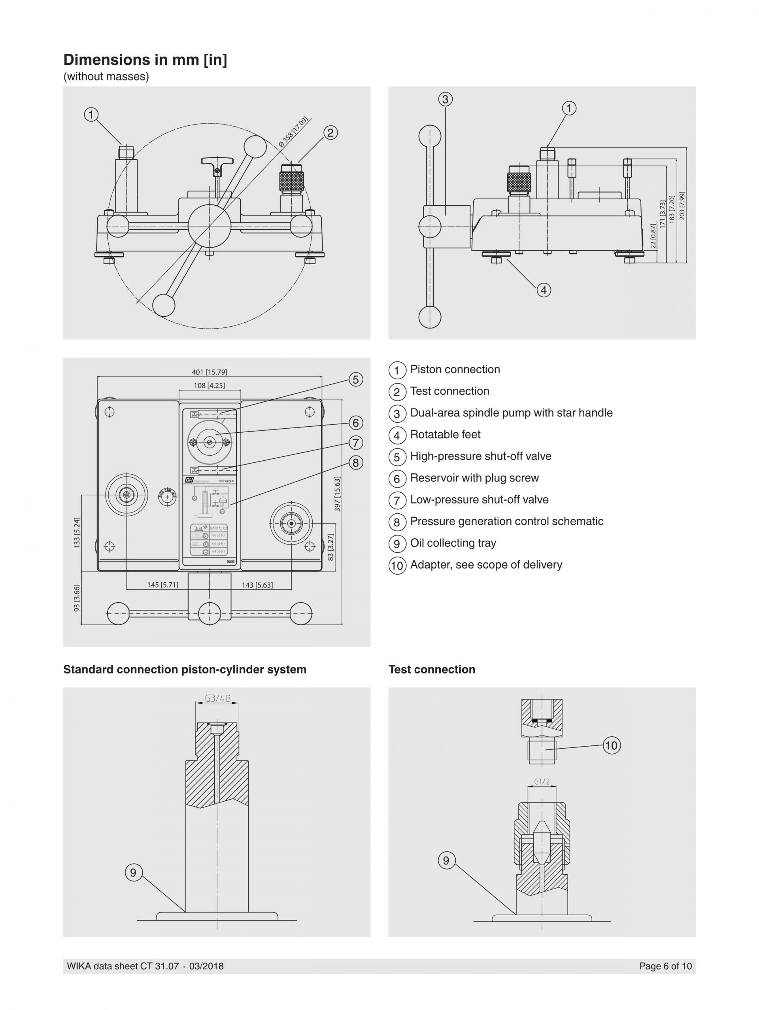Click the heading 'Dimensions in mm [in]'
click(x=145, y=60)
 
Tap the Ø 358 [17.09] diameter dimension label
click(x=293, y=132)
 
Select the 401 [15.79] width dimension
click(x=209, y=372)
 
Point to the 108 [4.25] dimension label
click(x=209, y=385)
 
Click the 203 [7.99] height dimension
click(x=682, y=206)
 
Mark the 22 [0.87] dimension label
click(x=653, y=236)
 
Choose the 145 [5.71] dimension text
click(x=162, y=585)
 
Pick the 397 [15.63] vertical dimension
click(x=337, y=494)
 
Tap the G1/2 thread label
click(x=541, y=782)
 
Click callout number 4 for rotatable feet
click(x=543, y=290)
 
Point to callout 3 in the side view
click(x=445, y=99)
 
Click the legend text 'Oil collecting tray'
click(x=453, y=543)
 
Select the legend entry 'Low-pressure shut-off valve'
click(x=479, y=499)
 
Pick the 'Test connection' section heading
click(x=431, y=670)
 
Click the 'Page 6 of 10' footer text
click(x=665, y=966)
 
